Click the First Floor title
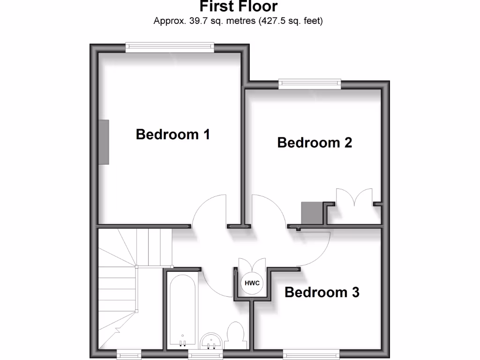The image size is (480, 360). point(239,7)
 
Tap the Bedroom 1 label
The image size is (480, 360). point(172,135)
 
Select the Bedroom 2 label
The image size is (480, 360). point(315,142)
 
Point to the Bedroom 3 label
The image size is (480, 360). point(322,292)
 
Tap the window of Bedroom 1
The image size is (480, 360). point(170,46)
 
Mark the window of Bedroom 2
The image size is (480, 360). point(309,84)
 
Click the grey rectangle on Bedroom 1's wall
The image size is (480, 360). point(104,142)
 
